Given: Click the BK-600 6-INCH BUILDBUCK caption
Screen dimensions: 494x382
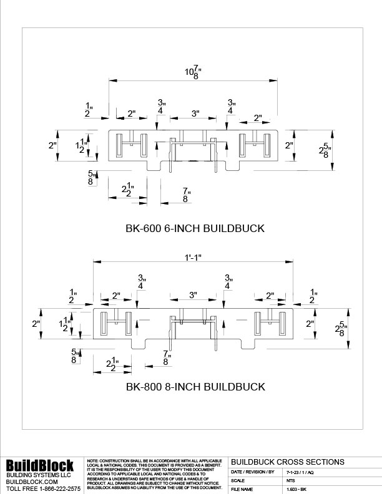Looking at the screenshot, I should pos(195,228).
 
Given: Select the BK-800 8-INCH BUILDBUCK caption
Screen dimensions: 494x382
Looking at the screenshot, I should pos(195,387).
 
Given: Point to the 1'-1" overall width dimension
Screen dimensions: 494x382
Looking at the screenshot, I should pos(193,257).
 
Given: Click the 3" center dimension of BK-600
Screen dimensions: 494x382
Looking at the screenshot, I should pos(195,114).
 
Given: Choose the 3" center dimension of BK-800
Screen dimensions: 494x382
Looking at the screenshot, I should pos(193,294).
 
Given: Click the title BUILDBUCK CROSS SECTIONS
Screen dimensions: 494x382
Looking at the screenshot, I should pos(287,462).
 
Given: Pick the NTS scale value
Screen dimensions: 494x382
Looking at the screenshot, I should pos(290,481).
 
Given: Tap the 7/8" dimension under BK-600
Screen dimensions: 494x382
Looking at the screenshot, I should pos(186,194).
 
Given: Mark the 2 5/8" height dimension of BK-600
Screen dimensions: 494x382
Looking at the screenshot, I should pos(324,150).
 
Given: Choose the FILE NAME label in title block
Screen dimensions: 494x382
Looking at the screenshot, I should pos(242,490).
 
